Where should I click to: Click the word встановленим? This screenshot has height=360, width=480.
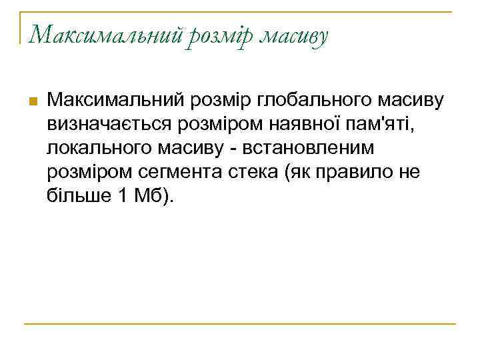coord(301,148)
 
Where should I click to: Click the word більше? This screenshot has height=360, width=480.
coord(75,196)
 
